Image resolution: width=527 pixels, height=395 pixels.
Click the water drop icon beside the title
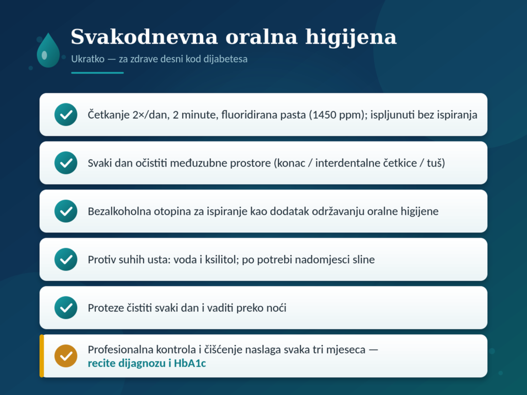coord(48,50)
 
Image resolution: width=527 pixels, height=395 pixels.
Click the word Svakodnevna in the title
coord(144,37)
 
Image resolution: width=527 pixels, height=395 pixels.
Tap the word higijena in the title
coord(351,37)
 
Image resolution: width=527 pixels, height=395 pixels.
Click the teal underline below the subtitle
coord(97,73)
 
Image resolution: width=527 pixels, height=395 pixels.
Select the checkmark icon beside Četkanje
coord(66,115)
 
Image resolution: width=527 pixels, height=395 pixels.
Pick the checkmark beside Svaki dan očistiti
coord(66,163)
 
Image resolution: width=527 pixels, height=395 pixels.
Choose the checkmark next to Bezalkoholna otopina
coord(66,211)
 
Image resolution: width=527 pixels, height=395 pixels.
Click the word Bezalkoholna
coord(119,211)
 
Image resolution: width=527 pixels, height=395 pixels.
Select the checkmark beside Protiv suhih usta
coord(66,260)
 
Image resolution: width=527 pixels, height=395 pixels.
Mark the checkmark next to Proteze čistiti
coord(66,308)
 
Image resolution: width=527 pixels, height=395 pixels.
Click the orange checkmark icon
coord(66,356)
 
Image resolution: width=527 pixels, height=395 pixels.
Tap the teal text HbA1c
coord(190,364)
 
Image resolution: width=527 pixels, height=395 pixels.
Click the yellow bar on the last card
coord(42,356)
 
